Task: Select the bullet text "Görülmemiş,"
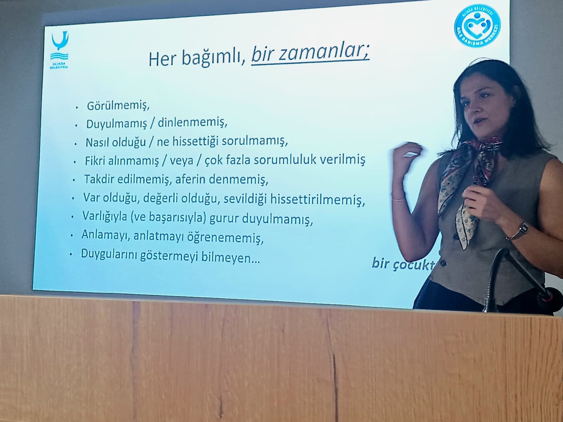tap(118, 105)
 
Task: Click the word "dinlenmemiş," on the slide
tap(192, 122)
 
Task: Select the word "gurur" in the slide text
tap(224, 218)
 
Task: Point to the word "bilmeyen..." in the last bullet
tap(230, 257)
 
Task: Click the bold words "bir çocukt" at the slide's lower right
tap(403, 264)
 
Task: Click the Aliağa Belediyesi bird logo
tap(59, 49)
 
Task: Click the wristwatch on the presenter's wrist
tap(522, 229)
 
